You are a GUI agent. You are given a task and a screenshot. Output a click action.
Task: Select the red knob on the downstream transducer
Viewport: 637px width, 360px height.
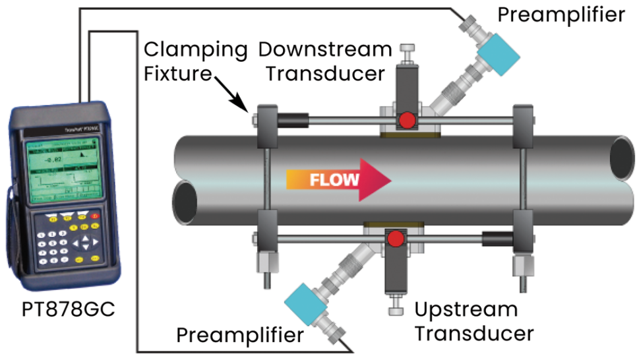tap(407, 120)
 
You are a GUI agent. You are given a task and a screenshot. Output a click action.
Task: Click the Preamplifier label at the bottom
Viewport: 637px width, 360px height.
tap(240, 335)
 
